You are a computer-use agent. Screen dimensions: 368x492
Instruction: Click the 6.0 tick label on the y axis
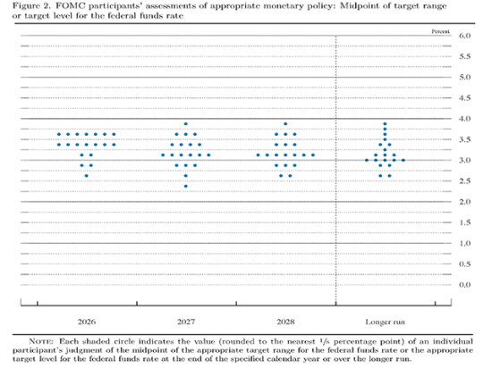coord(464,36)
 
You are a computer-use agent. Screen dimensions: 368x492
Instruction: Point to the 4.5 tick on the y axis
coord(464,97)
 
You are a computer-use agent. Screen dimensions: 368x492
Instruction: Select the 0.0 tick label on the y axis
coord(464,284)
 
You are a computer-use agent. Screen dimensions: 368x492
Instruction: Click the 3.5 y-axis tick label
coord(464,139)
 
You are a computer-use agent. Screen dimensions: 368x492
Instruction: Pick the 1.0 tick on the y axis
coord(464,242)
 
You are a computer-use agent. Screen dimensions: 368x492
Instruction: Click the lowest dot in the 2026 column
coord(86,176)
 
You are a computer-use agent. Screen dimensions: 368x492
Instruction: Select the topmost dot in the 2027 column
coord(186,123)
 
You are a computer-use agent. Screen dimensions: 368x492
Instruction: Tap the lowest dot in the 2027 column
coord(186,186)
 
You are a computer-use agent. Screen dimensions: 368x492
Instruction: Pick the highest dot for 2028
coord(285,123)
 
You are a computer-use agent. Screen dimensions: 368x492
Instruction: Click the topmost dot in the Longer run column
coord(386,123)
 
